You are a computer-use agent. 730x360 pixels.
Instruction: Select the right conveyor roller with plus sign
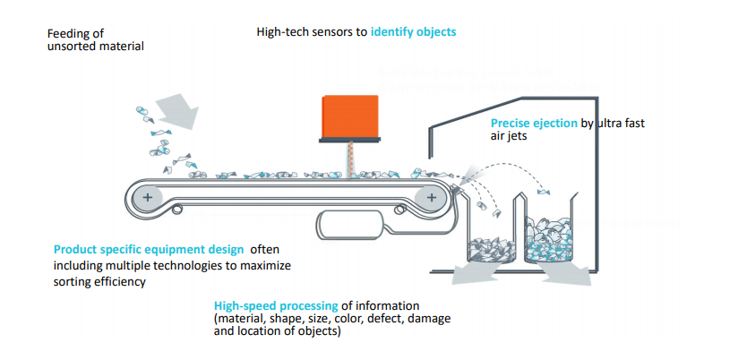click(x=432, y=196)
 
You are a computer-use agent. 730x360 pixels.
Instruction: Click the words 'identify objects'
click(x=413, y=32)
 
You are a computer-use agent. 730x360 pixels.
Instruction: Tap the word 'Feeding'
click(x=67, y=33)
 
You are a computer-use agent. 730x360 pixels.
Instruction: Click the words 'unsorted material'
click(x=95, y=46)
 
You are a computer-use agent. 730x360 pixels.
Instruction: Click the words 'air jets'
click(x=513, y=137)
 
